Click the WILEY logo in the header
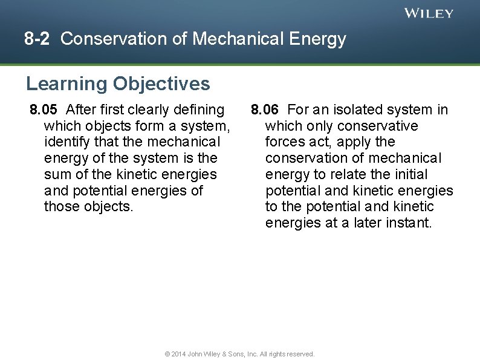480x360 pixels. pos(429,13)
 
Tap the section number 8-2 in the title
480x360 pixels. pos(37,39)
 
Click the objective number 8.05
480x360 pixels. pos(44,110)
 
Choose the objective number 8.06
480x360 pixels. pos(265,110)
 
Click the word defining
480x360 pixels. pos(198,110)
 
